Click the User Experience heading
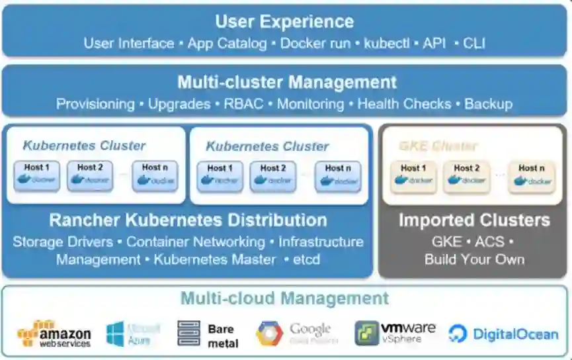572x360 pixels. pos(284,21)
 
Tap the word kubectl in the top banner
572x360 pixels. pos(383,44)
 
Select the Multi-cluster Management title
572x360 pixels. pos(286,83)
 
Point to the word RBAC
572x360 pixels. pos(243,104)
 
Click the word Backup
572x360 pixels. pos(488,104)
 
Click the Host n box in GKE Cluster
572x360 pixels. pos(532,176)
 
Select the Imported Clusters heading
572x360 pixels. pos(473,220)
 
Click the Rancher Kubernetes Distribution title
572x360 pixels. pos(188,220)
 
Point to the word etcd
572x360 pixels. pos(306,259)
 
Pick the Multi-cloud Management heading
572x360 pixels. pos(285,298)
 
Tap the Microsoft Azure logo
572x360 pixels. pos(133,334)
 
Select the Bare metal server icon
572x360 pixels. pos(188,334)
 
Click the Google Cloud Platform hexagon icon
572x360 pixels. pos(269,334)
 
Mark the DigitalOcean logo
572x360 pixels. pos(503,334)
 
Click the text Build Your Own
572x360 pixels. pos(474,259)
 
